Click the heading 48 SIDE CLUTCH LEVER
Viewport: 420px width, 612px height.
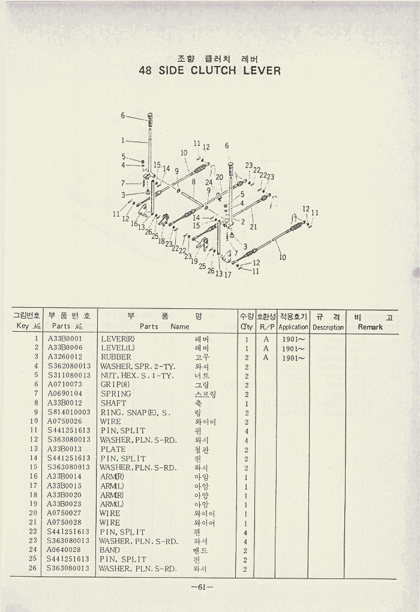209,71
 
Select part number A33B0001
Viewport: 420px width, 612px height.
65,339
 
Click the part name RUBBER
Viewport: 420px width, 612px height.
116,358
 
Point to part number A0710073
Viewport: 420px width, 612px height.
65,385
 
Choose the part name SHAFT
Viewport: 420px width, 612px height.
113,403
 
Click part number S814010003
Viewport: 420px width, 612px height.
68,412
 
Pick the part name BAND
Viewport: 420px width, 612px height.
110,550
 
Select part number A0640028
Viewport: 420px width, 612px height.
64,550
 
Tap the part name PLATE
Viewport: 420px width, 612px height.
113,449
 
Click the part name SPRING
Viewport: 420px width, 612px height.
116,394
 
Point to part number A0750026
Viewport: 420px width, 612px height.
65,422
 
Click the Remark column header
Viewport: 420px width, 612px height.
370,327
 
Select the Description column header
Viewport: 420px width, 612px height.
328,328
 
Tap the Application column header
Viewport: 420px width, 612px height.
293,327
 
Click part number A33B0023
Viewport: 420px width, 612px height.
65,504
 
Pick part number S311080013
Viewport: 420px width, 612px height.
68,376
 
